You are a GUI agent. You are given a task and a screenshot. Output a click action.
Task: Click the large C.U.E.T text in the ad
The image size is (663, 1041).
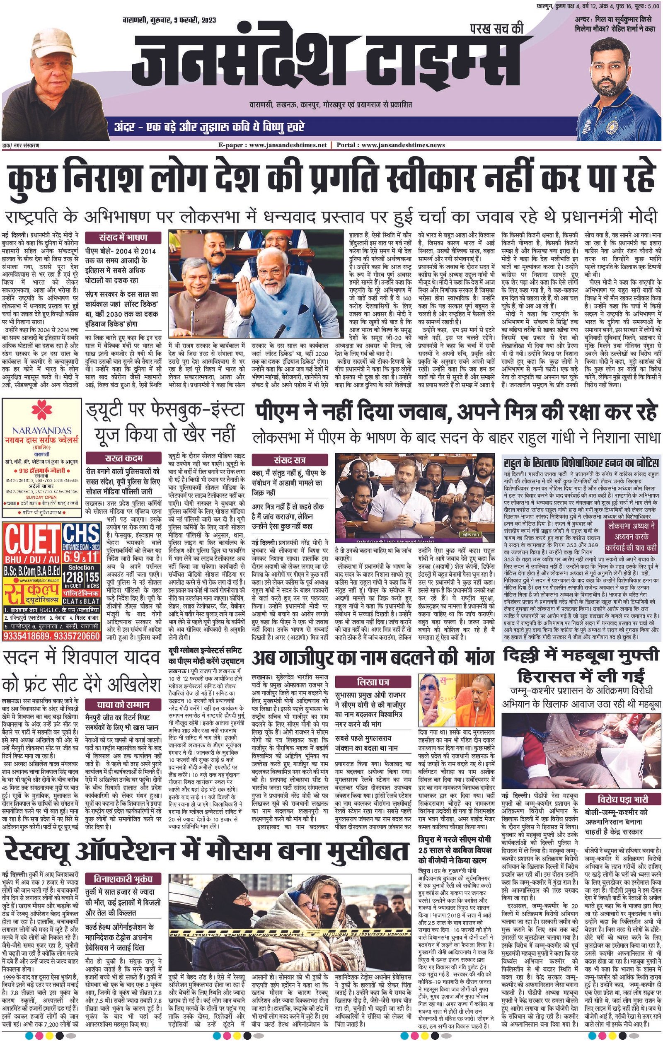tap(31, 535)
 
